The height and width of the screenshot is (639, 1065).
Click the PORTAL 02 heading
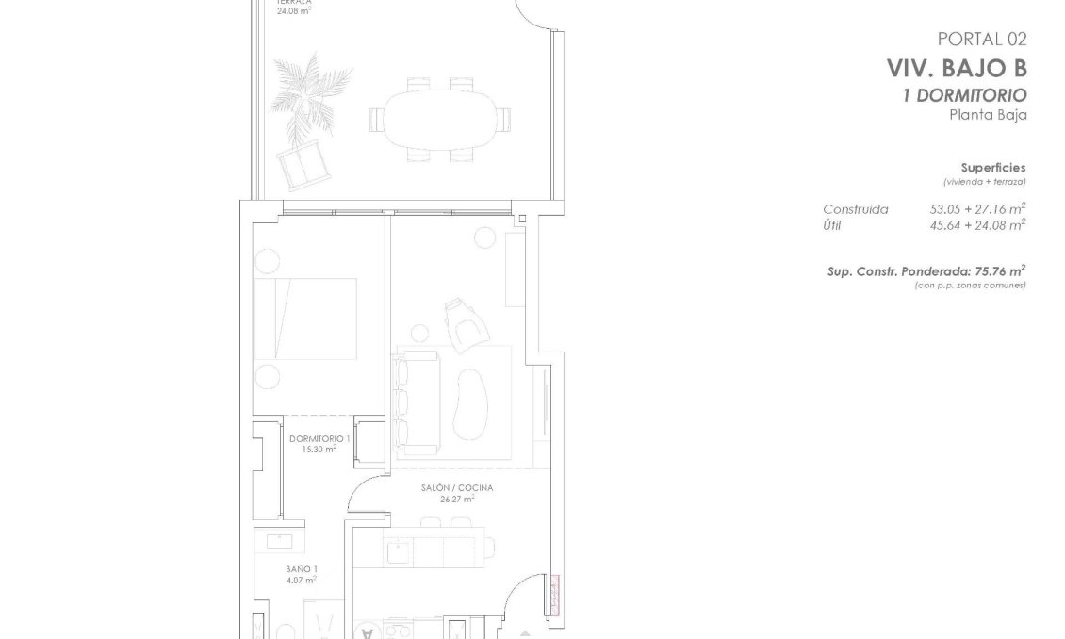tap(981, 40)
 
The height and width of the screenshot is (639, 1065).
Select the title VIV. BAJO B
tap(956, 68)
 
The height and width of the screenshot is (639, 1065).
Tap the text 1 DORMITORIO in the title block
tap(964, 95)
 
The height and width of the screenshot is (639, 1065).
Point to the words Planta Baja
tap(987, 115)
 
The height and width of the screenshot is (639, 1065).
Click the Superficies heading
tap(993, 167)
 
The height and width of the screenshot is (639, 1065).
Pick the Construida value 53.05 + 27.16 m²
tap(977, 209)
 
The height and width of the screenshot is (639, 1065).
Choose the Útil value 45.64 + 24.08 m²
tap(977, 224)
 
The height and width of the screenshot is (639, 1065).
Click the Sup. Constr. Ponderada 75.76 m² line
tap(926, 271)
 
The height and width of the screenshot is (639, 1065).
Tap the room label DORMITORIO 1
tap(319, 439)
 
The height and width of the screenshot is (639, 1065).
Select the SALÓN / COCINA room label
tap(457, 488)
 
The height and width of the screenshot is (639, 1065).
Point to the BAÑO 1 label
tap(302, 569)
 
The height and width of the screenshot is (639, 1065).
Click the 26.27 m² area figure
tap(457, 500)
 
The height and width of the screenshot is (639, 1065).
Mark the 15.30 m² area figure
tap(319, 450)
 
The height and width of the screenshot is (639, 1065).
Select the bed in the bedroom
tap(305, 319)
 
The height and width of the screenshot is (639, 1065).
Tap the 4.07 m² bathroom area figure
tap(302, 581)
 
